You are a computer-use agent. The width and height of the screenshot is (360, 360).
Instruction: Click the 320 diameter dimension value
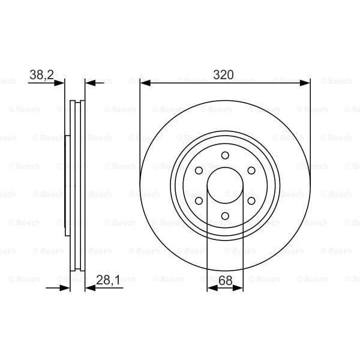[x=225, y=75]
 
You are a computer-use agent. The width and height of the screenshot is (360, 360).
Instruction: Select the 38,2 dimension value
[x=42, y=75]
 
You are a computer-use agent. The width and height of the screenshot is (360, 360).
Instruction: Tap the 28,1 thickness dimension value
[x=108, y=279]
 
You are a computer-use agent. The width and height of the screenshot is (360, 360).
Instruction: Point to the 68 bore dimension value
[x=225, y=279]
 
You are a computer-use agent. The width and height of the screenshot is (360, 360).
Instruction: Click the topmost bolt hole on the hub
[x=225, y=156]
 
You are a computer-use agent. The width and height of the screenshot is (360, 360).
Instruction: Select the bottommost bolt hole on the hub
[x=225, y=216]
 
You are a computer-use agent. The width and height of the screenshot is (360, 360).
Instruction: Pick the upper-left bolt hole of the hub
[x=199, y=171]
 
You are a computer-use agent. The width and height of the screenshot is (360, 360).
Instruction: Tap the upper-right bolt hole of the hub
[x=251, y=171]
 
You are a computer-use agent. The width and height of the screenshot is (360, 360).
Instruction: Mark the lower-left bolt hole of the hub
[x=199, y=201]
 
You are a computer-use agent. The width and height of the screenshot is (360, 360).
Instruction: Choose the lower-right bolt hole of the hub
[x=251, y=201]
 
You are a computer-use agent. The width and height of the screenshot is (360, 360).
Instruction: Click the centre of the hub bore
[x=225, y=185]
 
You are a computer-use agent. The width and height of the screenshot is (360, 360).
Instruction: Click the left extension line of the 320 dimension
[x=140, y=120]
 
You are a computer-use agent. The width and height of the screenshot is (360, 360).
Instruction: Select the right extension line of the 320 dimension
[x=310, y=120]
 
